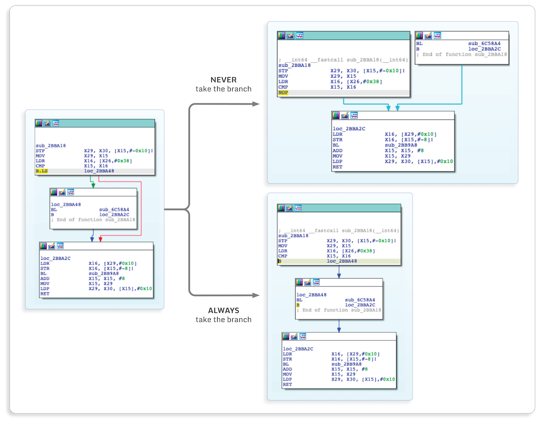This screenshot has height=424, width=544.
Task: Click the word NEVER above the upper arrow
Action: pyautogui.click(x=223, y=80)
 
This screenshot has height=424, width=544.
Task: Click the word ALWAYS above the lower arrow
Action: pyautogui.click(x=223, y=311)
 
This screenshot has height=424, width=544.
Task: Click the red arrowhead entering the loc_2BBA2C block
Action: pyautogui.click(x=100, y=239)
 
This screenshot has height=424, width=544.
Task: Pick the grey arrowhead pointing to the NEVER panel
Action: pyautogui.click(x=257, y=104)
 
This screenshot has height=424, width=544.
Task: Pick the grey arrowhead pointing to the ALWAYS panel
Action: pyautogui.click(x=257, y=296)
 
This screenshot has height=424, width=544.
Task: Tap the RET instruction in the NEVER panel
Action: pyautogui.click(x=337, y=167)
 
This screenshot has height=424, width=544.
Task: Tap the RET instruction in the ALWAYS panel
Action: pyautogui.click(x=287, y=385)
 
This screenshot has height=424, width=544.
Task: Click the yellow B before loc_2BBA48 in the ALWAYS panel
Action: pyautogui.click(x=280, y=262)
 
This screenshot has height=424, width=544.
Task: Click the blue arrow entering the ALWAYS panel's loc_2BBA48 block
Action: pyautogui.click(x=339, y=273)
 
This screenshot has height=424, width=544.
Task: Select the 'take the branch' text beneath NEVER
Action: pyautogui.click(x=223, y=89)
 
